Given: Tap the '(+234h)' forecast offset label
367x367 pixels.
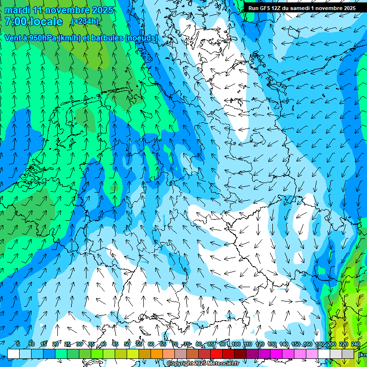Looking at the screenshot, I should (85, 22).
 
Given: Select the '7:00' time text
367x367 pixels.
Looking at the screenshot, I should (14, 22).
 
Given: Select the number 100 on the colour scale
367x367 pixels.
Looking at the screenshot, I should (236, 344).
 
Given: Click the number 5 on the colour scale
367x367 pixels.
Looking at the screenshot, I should (18, 344).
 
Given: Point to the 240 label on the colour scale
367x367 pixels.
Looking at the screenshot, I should (355, 344).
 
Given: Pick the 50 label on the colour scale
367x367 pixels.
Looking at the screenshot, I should (127, 344).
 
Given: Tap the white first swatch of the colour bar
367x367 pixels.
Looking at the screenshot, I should (13, 354).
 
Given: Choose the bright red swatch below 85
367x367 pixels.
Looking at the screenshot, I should (216, 354).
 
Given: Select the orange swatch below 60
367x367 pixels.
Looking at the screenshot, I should (157, 354).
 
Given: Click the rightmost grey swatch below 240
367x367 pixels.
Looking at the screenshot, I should (348, 354).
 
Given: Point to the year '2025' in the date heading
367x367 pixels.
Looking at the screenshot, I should (102, 10).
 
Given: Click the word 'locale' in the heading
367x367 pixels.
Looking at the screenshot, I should (45, 22).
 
